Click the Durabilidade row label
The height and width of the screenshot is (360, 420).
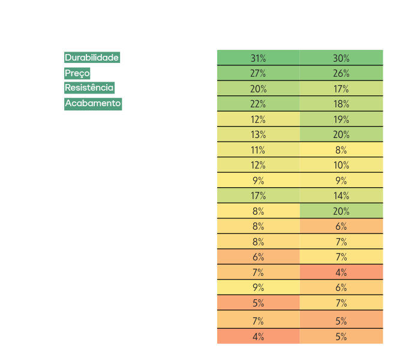click(92, 58)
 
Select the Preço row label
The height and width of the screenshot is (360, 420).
click(77, 73)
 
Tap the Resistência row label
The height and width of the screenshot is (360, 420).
click(89, 88)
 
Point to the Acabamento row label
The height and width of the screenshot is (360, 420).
click(93, 103)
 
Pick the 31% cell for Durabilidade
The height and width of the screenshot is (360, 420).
click(259, 58)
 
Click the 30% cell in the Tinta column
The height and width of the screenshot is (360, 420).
click(341, 58)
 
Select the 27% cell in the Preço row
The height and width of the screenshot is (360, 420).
click(259, 74)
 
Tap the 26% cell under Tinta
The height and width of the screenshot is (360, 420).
click(341, 74)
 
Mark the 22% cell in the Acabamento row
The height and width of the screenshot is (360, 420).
click(259, 104)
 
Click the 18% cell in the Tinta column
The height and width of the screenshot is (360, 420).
click(341, 104)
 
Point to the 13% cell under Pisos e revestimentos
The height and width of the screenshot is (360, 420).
click(259, 134)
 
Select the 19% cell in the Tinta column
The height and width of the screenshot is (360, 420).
click(341, 119)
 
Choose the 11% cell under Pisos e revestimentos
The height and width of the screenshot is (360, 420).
click(259, 150)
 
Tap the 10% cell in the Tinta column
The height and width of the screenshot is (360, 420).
click(341, 165)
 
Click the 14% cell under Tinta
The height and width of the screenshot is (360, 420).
click(341, 196)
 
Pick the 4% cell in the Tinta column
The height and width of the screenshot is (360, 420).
click(341, 272)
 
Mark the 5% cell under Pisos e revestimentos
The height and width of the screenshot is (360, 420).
click(259, 302)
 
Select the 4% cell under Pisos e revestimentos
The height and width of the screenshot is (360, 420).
click(259, 337)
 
